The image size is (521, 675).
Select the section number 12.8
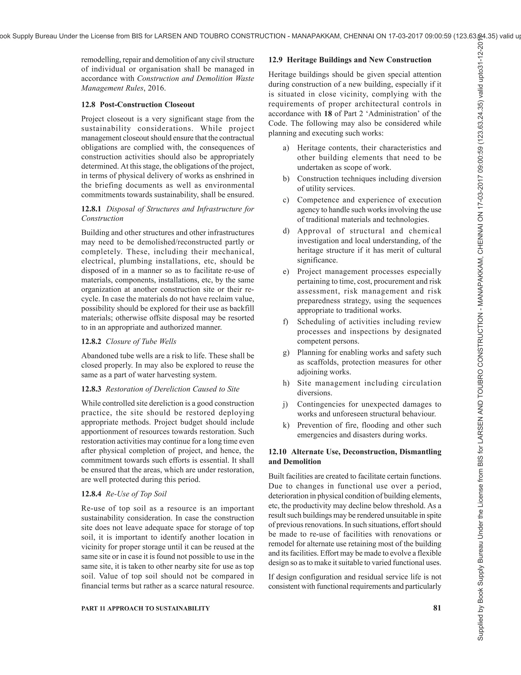click(x=88, y=104)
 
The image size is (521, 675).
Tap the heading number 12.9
click(x=275, y=60)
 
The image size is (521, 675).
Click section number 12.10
click(x=277, y=452)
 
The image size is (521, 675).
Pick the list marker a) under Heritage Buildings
click(x=286, y=148)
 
